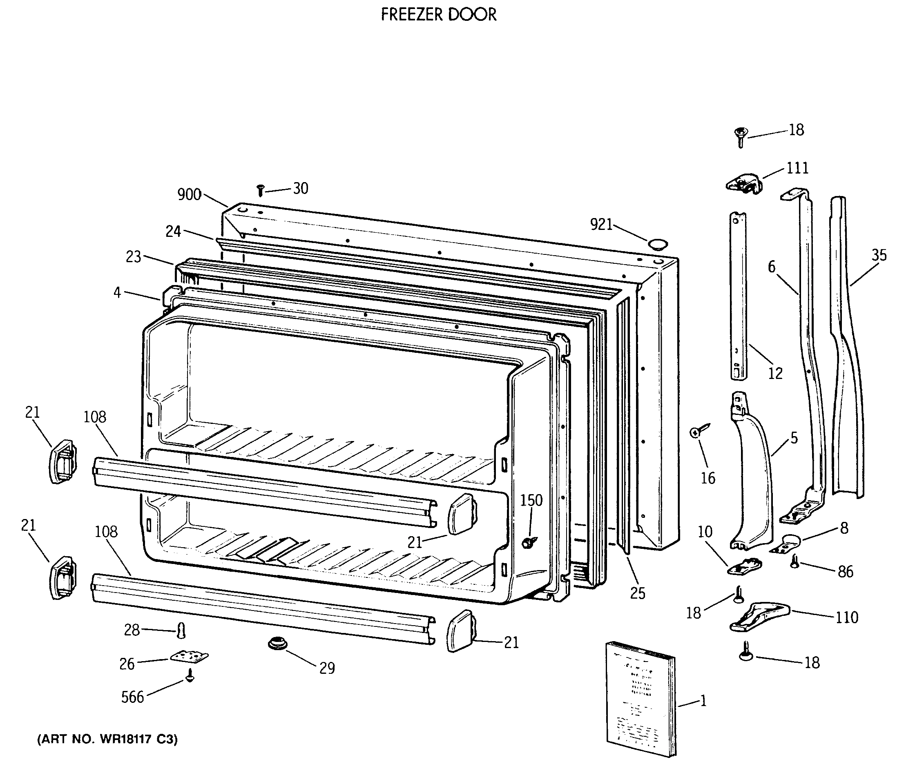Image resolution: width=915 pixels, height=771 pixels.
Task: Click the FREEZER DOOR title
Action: (438, 15)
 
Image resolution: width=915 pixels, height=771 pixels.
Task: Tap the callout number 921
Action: (601, 224)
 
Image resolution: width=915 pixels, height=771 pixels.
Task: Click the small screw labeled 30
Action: (261, 191)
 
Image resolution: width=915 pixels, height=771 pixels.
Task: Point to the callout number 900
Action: (189, 194)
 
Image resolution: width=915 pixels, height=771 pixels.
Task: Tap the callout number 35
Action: (879, 255)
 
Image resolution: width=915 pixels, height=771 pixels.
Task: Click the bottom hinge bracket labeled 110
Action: (759, 616)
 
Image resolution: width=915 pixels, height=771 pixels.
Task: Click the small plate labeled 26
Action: (189, 657)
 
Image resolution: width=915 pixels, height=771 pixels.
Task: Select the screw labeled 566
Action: (189, 676)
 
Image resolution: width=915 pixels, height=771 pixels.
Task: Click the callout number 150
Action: (531, 500)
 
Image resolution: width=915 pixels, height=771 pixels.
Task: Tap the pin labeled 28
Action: (181, 630)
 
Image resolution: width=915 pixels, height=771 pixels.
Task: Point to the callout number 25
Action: (637, 593)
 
